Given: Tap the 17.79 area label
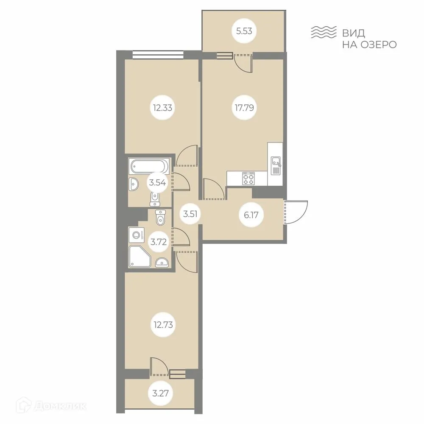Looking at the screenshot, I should tap(243, 107).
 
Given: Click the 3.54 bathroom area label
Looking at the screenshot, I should tap(156, 183).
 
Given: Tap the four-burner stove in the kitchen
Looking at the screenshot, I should tap(248, 178).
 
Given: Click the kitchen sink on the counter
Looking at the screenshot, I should tap(275, 162).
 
